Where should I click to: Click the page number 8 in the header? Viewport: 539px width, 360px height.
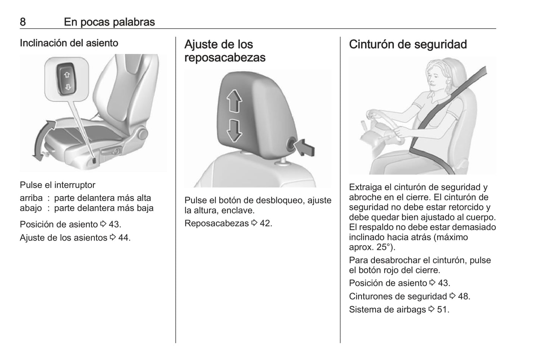pyautogui.click(x=23, y=22)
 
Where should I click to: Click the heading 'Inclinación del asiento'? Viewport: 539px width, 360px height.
pyautogui.click(x=69, y=43)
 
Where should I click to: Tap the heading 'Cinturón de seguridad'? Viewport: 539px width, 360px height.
pyautogui.click(x=408, y=44)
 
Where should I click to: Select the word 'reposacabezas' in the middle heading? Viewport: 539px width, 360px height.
pyautogui.click(x=225, y=58)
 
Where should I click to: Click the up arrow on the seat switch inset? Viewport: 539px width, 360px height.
pyautogui.click(x=67, y=75)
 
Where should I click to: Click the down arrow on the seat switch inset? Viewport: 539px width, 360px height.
pyautogui.click(x=68, y=87)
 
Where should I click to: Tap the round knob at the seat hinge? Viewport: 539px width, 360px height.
pyautogui.click(x=143, y=134)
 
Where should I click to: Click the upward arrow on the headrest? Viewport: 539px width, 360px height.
pyautogui.click(x=234, y=101)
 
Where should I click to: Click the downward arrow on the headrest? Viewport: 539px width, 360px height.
pyautogui.click(x=234, y=130)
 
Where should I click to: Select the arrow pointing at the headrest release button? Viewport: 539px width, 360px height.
pyautogui.click(x=304, y=148)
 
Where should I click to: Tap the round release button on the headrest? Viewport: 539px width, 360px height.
pyautogui.click(x=292, y=145)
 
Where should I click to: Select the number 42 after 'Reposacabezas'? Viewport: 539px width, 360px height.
pyautogui.click(x=265, y=223)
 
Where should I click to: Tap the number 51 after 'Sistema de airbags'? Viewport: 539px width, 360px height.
pyautogui.click(x=442, y=310)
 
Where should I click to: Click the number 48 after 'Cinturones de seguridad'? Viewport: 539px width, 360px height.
pyautogui.click(x=463, y=296)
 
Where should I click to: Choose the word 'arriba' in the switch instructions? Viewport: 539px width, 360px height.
pyautogui.click(x=31, y=198)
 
